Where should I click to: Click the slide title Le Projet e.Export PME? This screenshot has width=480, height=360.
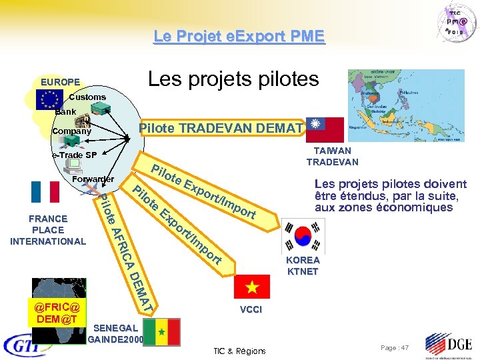239,35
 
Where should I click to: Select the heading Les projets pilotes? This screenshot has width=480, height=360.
233,80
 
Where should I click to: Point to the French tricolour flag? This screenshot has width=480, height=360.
45,191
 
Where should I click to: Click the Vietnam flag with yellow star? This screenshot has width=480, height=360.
252,287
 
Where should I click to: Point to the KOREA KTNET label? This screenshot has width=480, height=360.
303,265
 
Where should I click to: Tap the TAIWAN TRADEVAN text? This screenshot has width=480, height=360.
332,157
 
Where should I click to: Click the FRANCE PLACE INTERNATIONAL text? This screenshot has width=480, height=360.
48,229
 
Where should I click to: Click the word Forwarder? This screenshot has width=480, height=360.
93,179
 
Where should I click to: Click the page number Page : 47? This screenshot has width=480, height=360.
394,348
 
